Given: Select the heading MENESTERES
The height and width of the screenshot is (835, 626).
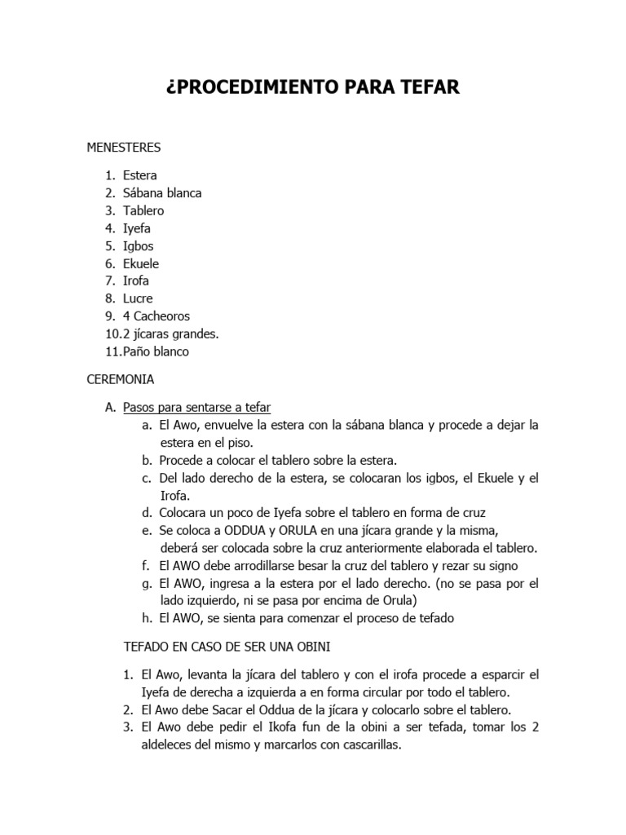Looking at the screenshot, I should pos(124,148).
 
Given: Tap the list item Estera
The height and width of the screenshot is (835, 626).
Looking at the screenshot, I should pos(140,175).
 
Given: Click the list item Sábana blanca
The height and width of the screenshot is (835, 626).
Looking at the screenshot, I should pos(162,193).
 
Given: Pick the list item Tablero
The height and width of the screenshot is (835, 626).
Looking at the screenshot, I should pos(143,211).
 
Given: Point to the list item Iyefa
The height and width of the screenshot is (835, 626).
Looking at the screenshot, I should pos(137,228).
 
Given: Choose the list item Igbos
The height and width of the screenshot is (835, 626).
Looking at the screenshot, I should pos(138,246).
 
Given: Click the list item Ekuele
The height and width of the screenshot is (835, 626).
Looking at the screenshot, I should pos(141,264).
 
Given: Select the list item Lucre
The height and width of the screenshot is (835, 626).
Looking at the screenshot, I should pos(138,298).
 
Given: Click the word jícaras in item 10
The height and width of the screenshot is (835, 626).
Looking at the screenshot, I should pos(153,334).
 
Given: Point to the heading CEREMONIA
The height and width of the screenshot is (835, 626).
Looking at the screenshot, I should pos(121,379).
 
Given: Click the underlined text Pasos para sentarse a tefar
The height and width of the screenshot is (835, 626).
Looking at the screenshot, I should pos(196,407).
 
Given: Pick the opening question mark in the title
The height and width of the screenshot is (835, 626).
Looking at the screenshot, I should pos(171,87).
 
